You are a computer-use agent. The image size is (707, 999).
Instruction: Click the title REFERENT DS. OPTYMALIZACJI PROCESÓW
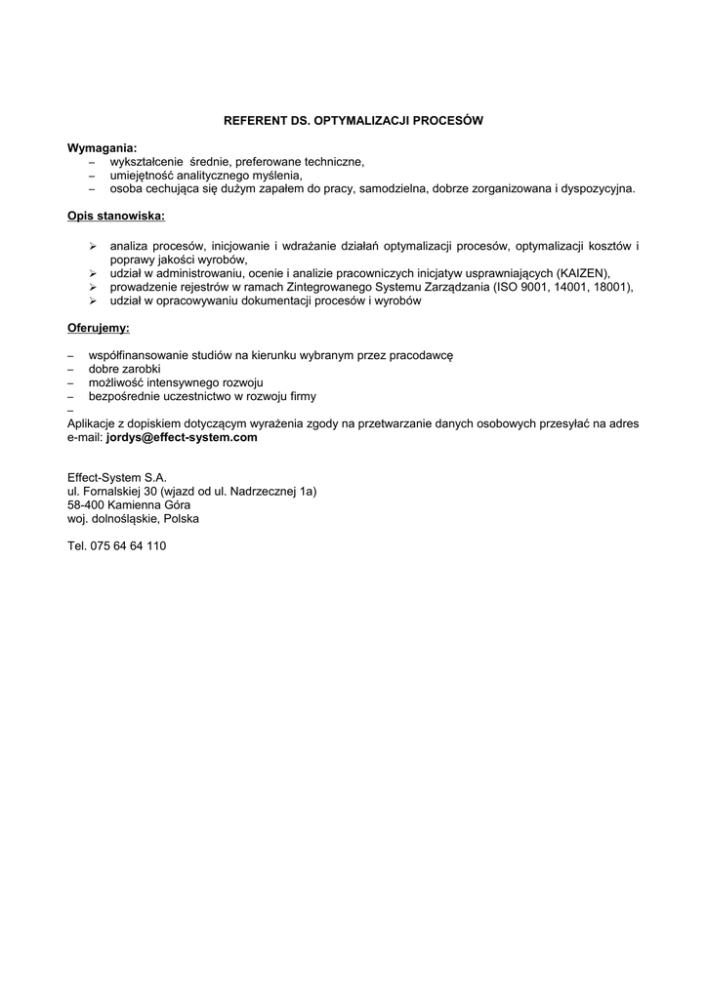pos(353,122)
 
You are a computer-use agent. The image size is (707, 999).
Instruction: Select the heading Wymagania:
pos(102,147)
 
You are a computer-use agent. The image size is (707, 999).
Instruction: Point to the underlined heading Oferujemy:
pos(98,328)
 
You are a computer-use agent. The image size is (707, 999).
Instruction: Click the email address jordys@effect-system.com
pos(182,438)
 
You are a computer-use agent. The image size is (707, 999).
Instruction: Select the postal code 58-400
pos(87,505)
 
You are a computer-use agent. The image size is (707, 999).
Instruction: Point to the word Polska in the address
pos(181,519)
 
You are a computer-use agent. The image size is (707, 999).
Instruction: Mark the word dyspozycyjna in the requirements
pos(596,188)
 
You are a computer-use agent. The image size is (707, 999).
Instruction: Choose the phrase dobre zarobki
pos(124,370)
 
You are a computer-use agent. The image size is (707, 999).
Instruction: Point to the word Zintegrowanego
pos(332,288)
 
